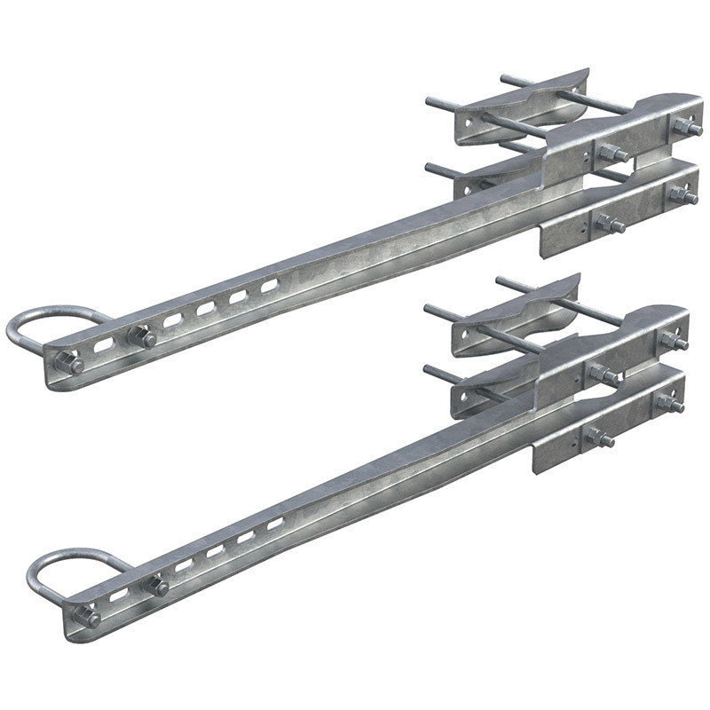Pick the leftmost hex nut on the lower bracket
86,616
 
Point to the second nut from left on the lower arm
157,586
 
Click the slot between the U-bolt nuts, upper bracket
105,344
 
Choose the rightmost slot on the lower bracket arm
275,525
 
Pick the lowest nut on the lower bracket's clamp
599,438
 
